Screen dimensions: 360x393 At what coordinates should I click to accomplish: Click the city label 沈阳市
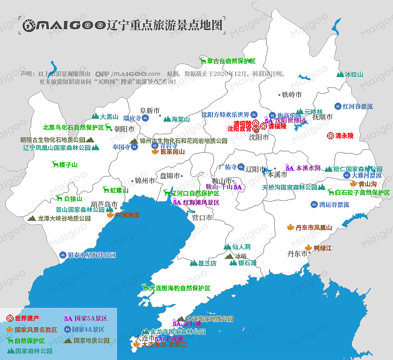[x=259, y=137]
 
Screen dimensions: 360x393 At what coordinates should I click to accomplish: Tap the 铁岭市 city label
[x=291, y=95]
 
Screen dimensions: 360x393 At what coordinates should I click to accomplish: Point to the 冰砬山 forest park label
[x=354, y=75]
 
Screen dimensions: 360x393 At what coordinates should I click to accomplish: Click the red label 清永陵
[x=344, y=136]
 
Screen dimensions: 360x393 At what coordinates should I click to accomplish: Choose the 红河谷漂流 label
[x=357, y=106]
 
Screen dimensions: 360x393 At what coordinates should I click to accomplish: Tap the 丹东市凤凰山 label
[x=314, y=228]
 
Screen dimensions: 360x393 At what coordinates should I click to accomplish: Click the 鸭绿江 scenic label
[x=322, y=248]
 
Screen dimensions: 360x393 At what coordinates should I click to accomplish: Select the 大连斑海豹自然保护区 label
[x=180, y=288]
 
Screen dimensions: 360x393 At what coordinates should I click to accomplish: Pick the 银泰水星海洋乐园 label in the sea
[x=92, y=255]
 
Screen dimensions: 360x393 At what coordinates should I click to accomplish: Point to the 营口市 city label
[x=202, y=218]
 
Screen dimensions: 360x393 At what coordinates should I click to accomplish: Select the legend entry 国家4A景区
[x=88, y=330]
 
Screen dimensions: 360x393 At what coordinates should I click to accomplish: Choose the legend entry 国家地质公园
[x=92, y=340]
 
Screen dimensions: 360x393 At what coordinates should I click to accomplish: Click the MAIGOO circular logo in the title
[x=29, y=25]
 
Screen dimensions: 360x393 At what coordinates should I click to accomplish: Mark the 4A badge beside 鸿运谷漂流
[x=314, y=205]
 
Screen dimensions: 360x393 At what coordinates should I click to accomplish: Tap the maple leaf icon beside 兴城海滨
[x=110, y=215]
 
